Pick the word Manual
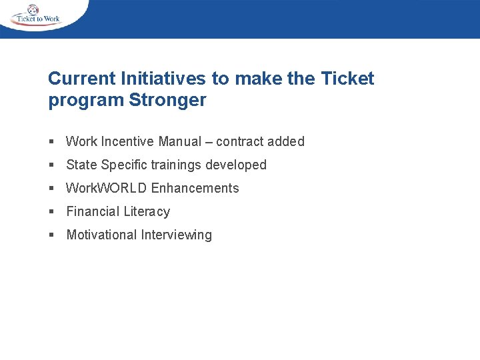point(179,141)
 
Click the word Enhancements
point(195,188)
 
